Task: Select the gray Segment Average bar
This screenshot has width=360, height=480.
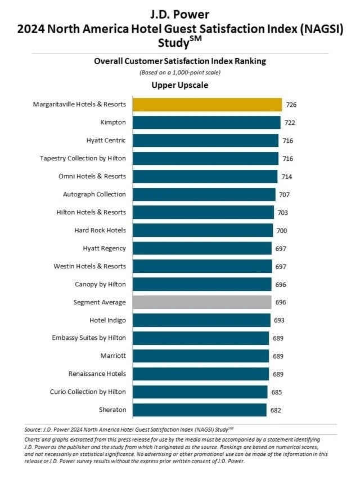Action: click(x=202, y=302)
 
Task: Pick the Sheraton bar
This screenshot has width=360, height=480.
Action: click(x=200, y=410)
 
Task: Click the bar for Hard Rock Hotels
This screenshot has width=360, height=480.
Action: click(x=202, y=230)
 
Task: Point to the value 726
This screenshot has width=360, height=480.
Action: click(x=291, y=105)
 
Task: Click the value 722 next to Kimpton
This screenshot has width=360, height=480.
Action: click(x=290, y=123)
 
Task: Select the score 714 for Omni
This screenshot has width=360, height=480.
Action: click(x=287, y=177)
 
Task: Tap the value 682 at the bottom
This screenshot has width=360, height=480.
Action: click(x=276, y=410)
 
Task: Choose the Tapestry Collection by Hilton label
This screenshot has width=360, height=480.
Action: click(x=83, y=159)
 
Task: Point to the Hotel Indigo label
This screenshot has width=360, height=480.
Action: click(x=107, y=320)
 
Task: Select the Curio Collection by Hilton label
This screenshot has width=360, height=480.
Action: click(x=89, y=392)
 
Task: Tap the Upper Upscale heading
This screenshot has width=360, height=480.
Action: click(x=179, y=86)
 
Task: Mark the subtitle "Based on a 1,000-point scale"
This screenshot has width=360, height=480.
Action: click(x=179, y=73)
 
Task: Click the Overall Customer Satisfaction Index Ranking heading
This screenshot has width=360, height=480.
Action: click(x=179, y=62)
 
